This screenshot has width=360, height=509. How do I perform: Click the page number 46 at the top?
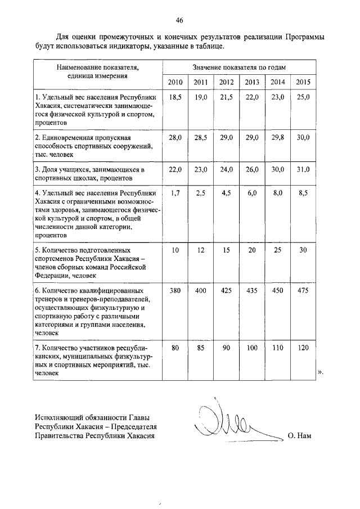pos(179,21)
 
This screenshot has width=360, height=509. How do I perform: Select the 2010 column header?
pos(175,82)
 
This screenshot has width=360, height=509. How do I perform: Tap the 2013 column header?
pos(251,82)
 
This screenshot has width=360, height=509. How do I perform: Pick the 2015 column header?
pos(303,82)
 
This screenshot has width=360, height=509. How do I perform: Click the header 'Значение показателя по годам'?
pos(239,67)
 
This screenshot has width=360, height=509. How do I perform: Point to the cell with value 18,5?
pos(175,97)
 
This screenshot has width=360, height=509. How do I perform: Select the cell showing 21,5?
pos(226,97)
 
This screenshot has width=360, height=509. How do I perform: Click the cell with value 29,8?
pos(277,138)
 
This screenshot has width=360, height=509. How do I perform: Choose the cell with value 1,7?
pos(175,193)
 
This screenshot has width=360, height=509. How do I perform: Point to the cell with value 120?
pos(303,348)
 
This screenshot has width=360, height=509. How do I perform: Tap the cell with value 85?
pos(201,348)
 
